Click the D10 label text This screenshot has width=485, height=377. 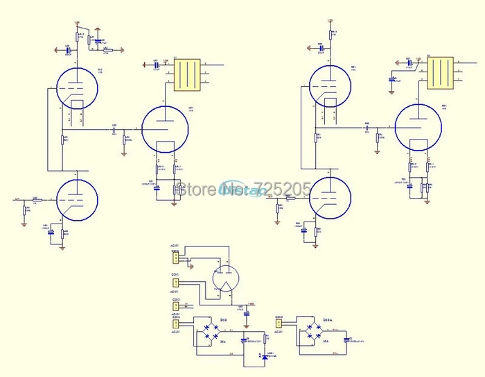click(x=224, y=320)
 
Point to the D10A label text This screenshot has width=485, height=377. click(x=330, y=320)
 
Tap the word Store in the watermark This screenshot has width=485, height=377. click(x=195, y=189)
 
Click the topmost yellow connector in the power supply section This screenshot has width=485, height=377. click(x=176, y=259)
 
